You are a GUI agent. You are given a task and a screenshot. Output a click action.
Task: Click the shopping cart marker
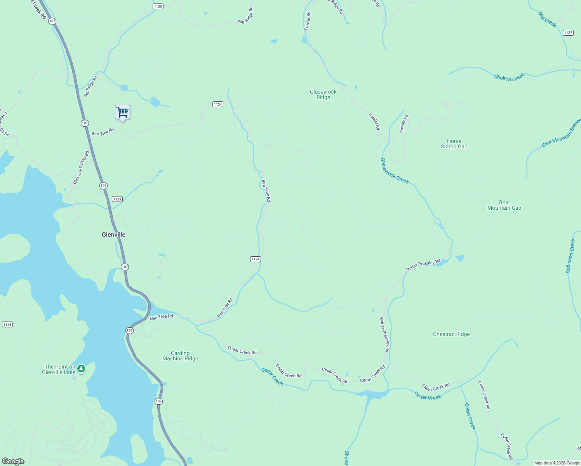point(122,113)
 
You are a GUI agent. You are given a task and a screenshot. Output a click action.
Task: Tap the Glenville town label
point(113,235)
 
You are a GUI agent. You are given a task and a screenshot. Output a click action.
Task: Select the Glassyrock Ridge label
point(323,94)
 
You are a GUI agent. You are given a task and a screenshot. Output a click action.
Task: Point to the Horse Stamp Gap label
point(454,144)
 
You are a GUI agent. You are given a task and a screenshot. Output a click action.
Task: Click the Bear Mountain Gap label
point(504,205)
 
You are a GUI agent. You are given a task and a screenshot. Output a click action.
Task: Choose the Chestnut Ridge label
point(451,334)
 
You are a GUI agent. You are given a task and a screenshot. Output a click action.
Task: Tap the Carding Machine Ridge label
point(180,356)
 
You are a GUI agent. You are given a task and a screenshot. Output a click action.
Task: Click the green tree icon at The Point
point(81,369)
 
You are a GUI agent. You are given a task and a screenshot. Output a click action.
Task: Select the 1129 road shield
point(158,6)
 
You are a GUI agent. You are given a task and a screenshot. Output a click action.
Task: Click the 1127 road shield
point(568,33)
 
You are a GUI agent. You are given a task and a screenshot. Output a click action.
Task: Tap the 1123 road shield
point(117,199)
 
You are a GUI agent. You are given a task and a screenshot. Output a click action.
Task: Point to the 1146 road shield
point(7,324)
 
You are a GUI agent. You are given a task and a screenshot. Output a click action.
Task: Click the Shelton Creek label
point(509,77)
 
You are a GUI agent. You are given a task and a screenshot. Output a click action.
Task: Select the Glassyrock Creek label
point(395,171)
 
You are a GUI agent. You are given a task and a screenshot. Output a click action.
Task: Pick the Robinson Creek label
point(570,256)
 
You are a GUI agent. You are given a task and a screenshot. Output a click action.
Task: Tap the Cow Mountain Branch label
point(561,133)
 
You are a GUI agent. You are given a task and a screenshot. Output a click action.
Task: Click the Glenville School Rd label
point(81,167)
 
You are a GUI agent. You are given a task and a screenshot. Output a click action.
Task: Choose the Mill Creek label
point(548,19)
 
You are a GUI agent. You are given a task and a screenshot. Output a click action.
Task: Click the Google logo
point(13,461)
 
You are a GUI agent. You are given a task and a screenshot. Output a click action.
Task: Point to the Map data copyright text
point(557,463)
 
